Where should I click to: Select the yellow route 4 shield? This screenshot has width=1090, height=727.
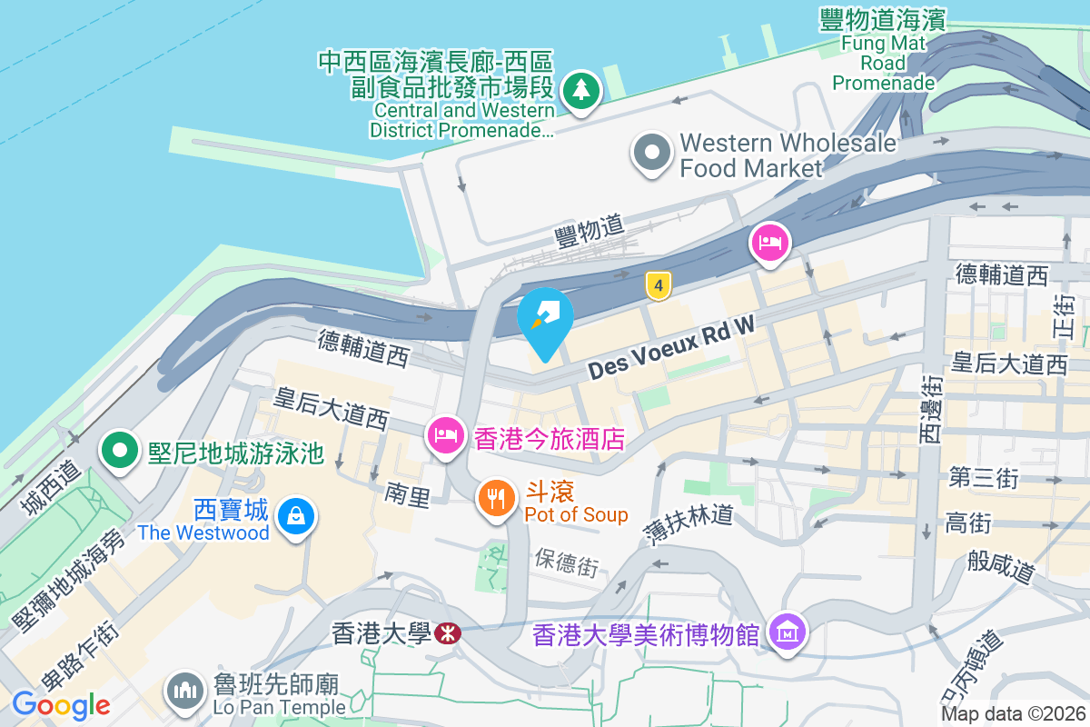tap(659, 285)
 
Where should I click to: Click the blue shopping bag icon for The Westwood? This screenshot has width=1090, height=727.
tap(295, 517)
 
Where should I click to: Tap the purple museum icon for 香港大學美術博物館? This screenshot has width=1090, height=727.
tap(787, 632)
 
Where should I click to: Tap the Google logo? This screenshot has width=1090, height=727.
tap(61, 704)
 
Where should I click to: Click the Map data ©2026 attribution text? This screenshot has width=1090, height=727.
tap(1013, 714)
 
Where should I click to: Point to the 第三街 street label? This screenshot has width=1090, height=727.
tap(984, 477)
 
